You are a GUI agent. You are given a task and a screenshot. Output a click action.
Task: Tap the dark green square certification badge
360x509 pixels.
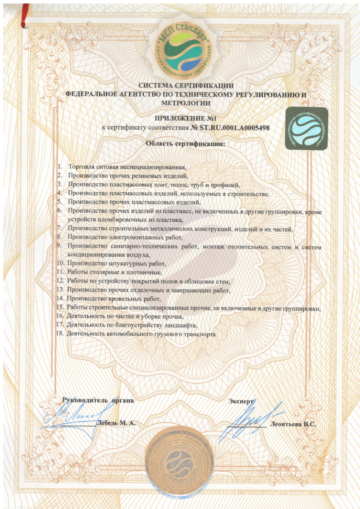coord(306,129)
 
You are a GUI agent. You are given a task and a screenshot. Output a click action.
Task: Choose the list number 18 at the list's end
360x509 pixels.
coord(58,334)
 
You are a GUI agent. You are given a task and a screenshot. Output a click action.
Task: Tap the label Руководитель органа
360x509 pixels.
coord(98,401)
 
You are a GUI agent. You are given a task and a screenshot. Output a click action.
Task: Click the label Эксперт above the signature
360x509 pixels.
coord(241,402)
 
